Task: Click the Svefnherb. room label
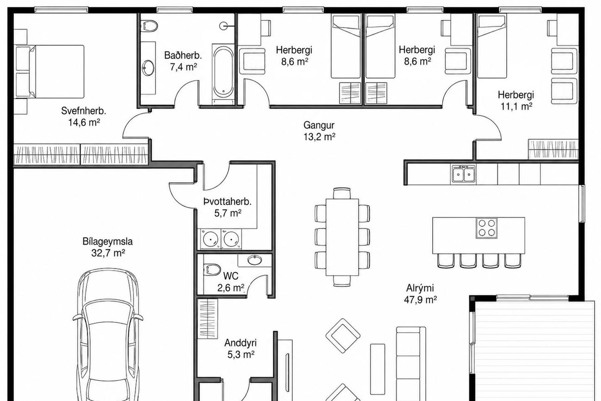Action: click(83, 111)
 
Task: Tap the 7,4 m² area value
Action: click(183, 67)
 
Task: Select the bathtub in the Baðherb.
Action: click(223, 72)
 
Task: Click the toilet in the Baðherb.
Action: click(149, 26)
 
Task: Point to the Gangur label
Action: click(319, 125)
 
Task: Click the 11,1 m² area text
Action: click(516, 106)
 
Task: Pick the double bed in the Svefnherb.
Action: click(56, 72)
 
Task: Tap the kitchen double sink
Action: click(463, 173)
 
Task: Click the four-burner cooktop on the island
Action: click(487, 228)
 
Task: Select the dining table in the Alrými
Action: click(342, 237)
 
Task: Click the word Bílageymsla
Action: click(107, 241)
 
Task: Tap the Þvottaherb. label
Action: click(227, 202)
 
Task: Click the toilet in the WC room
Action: click(212, 270)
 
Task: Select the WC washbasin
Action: click(255, 260)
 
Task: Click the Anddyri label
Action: click(240, 343)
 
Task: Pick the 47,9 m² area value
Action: click(420, 300)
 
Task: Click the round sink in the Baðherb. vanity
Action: click(148, 68)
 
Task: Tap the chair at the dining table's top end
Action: click(342, 193)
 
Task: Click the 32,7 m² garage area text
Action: click(108, 253)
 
